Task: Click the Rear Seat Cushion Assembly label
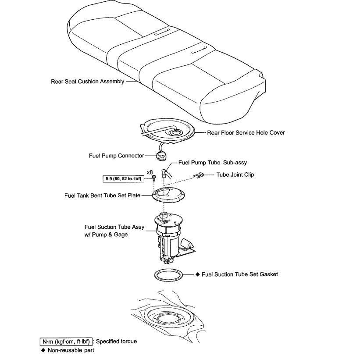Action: click(87, 82)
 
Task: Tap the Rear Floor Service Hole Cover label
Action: click(246, 132)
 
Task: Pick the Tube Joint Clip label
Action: click(235, 174)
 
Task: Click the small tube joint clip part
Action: click(198, 176)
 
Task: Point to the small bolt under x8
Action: click(155, 178)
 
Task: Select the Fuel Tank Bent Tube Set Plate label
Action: click(102, 196)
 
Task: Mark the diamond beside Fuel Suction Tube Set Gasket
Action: click(198, 274)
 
